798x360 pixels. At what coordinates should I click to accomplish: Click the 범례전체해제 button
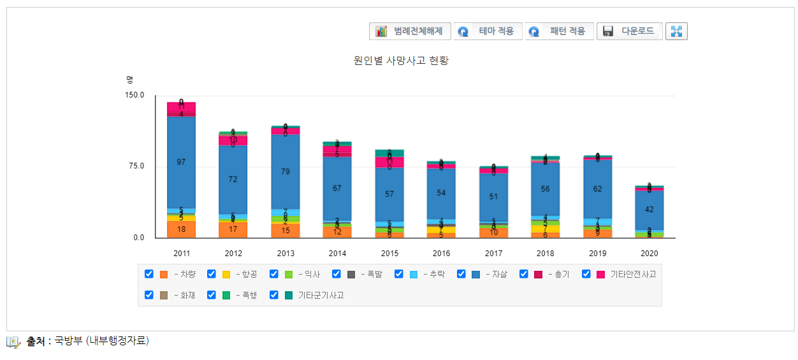click(x=410, y=31)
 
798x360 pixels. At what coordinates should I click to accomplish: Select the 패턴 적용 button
click(x=559, y=31)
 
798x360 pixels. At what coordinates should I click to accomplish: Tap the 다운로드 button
click(x=629, y=31)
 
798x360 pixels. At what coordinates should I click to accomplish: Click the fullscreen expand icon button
click(x=676, y=31)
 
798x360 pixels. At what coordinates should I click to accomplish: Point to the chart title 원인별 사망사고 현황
click(x=402, y=61)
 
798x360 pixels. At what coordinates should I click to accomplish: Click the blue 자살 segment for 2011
click(x=182, y=162)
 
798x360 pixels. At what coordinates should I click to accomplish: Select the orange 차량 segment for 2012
click(x=233, y=229)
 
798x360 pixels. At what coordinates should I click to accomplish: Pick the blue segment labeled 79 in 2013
click(x=286, y=171)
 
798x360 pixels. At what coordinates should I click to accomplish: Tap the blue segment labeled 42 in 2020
click(x=649, y=210)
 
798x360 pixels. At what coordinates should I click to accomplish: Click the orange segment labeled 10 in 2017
click(x=493, y=233)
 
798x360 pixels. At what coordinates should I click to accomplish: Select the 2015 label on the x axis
click(x=389, y=254)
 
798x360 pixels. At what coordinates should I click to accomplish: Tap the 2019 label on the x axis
click(x=597, y=254)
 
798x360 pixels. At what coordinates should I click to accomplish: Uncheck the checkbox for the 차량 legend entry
click(x=149, y=274)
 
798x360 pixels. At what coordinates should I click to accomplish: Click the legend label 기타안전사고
click(x=633, y=274)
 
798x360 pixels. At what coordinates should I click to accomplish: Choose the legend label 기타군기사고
click(x=321, y=295)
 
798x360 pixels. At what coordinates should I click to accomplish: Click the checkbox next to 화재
click(x=149, y=295)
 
